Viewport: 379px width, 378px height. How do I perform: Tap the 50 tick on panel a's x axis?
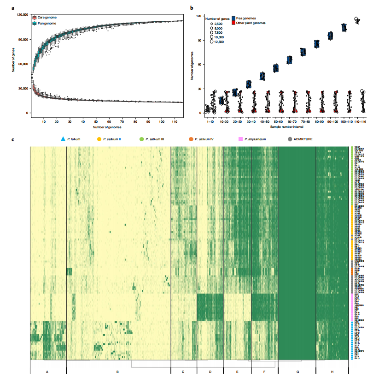click(96, 121)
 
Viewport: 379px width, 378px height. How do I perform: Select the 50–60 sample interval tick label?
click(275, 121)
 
